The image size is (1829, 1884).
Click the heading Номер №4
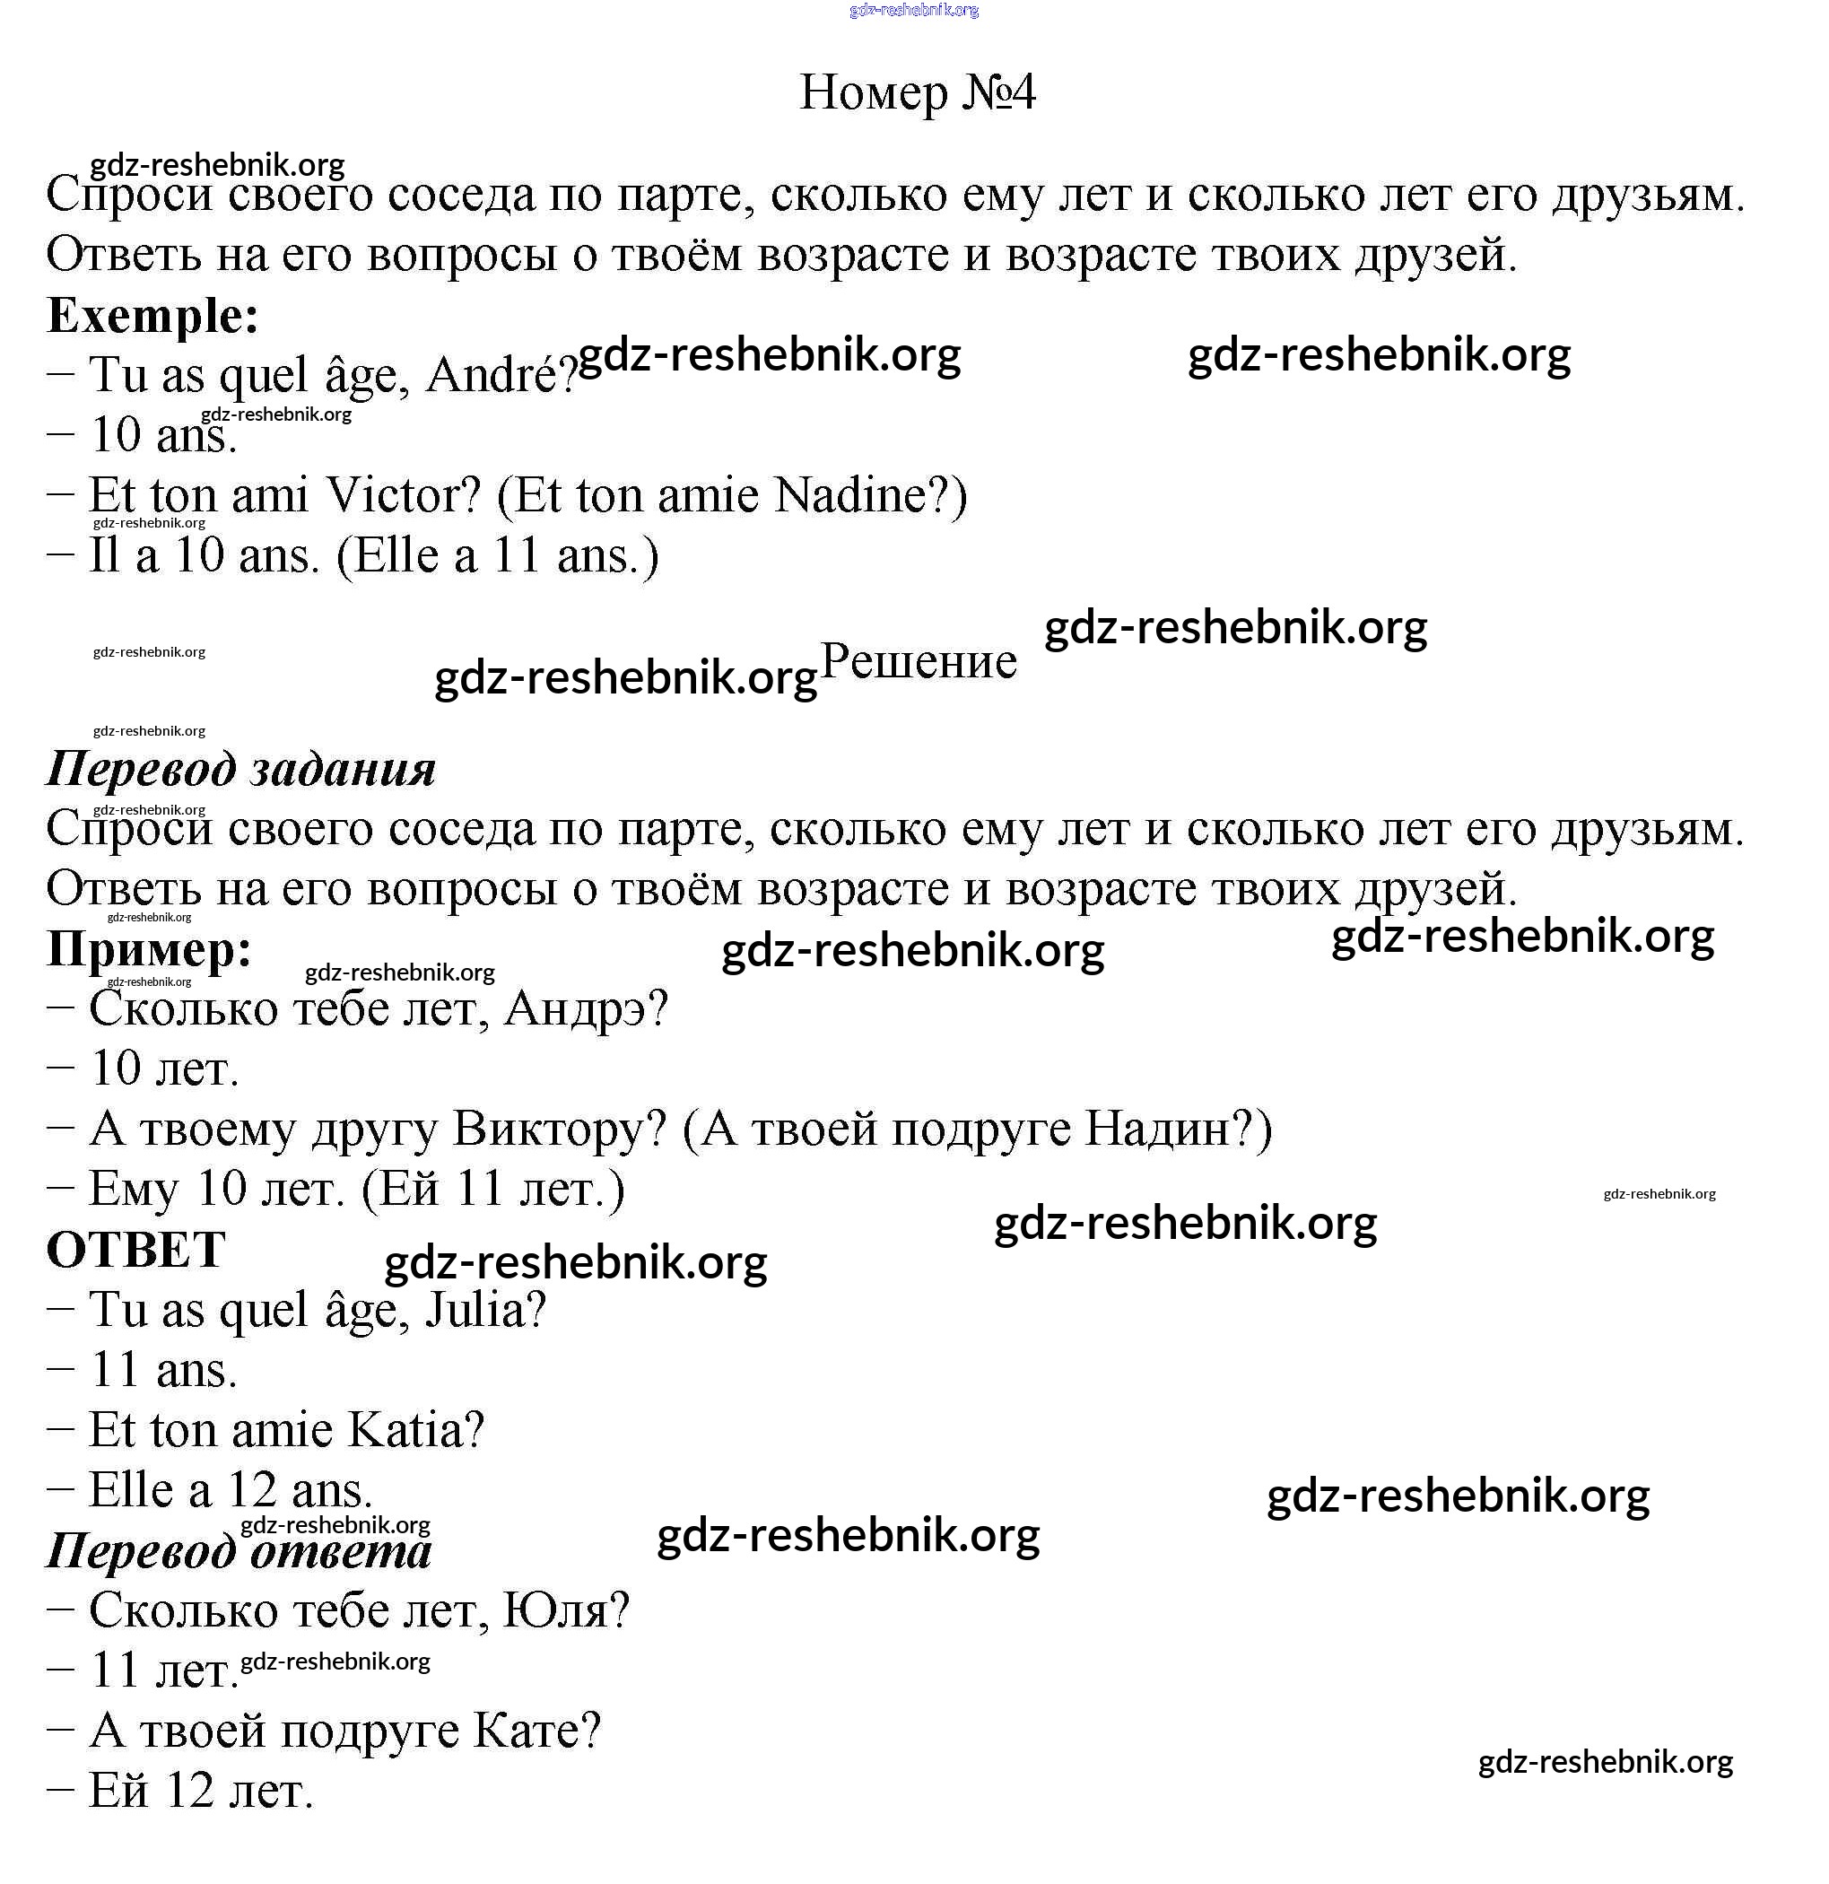click(x=917, y=93)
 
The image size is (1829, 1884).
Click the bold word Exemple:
click(x=152, y=315)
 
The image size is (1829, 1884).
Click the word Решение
click(x=918, y=660)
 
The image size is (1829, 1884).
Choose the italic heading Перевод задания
click(x=241, y=769)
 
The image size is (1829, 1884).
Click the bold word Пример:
click(x=150, y=950)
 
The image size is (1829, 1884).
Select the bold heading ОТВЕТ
click(x=135, y=1251)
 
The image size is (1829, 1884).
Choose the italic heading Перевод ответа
click(x=240, y=1550)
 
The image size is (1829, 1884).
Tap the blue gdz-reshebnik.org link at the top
click(x=914, y=11)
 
